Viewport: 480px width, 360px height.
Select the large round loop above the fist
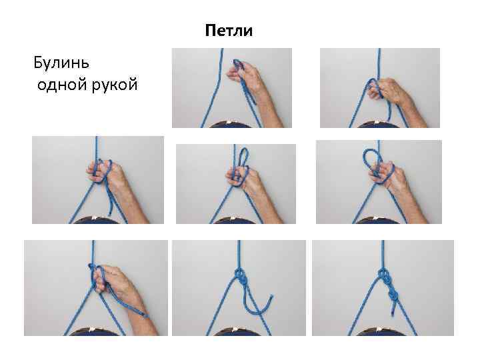click(372, 157)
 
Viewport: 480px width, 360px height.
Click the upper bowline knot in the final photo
click(384, 275)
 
